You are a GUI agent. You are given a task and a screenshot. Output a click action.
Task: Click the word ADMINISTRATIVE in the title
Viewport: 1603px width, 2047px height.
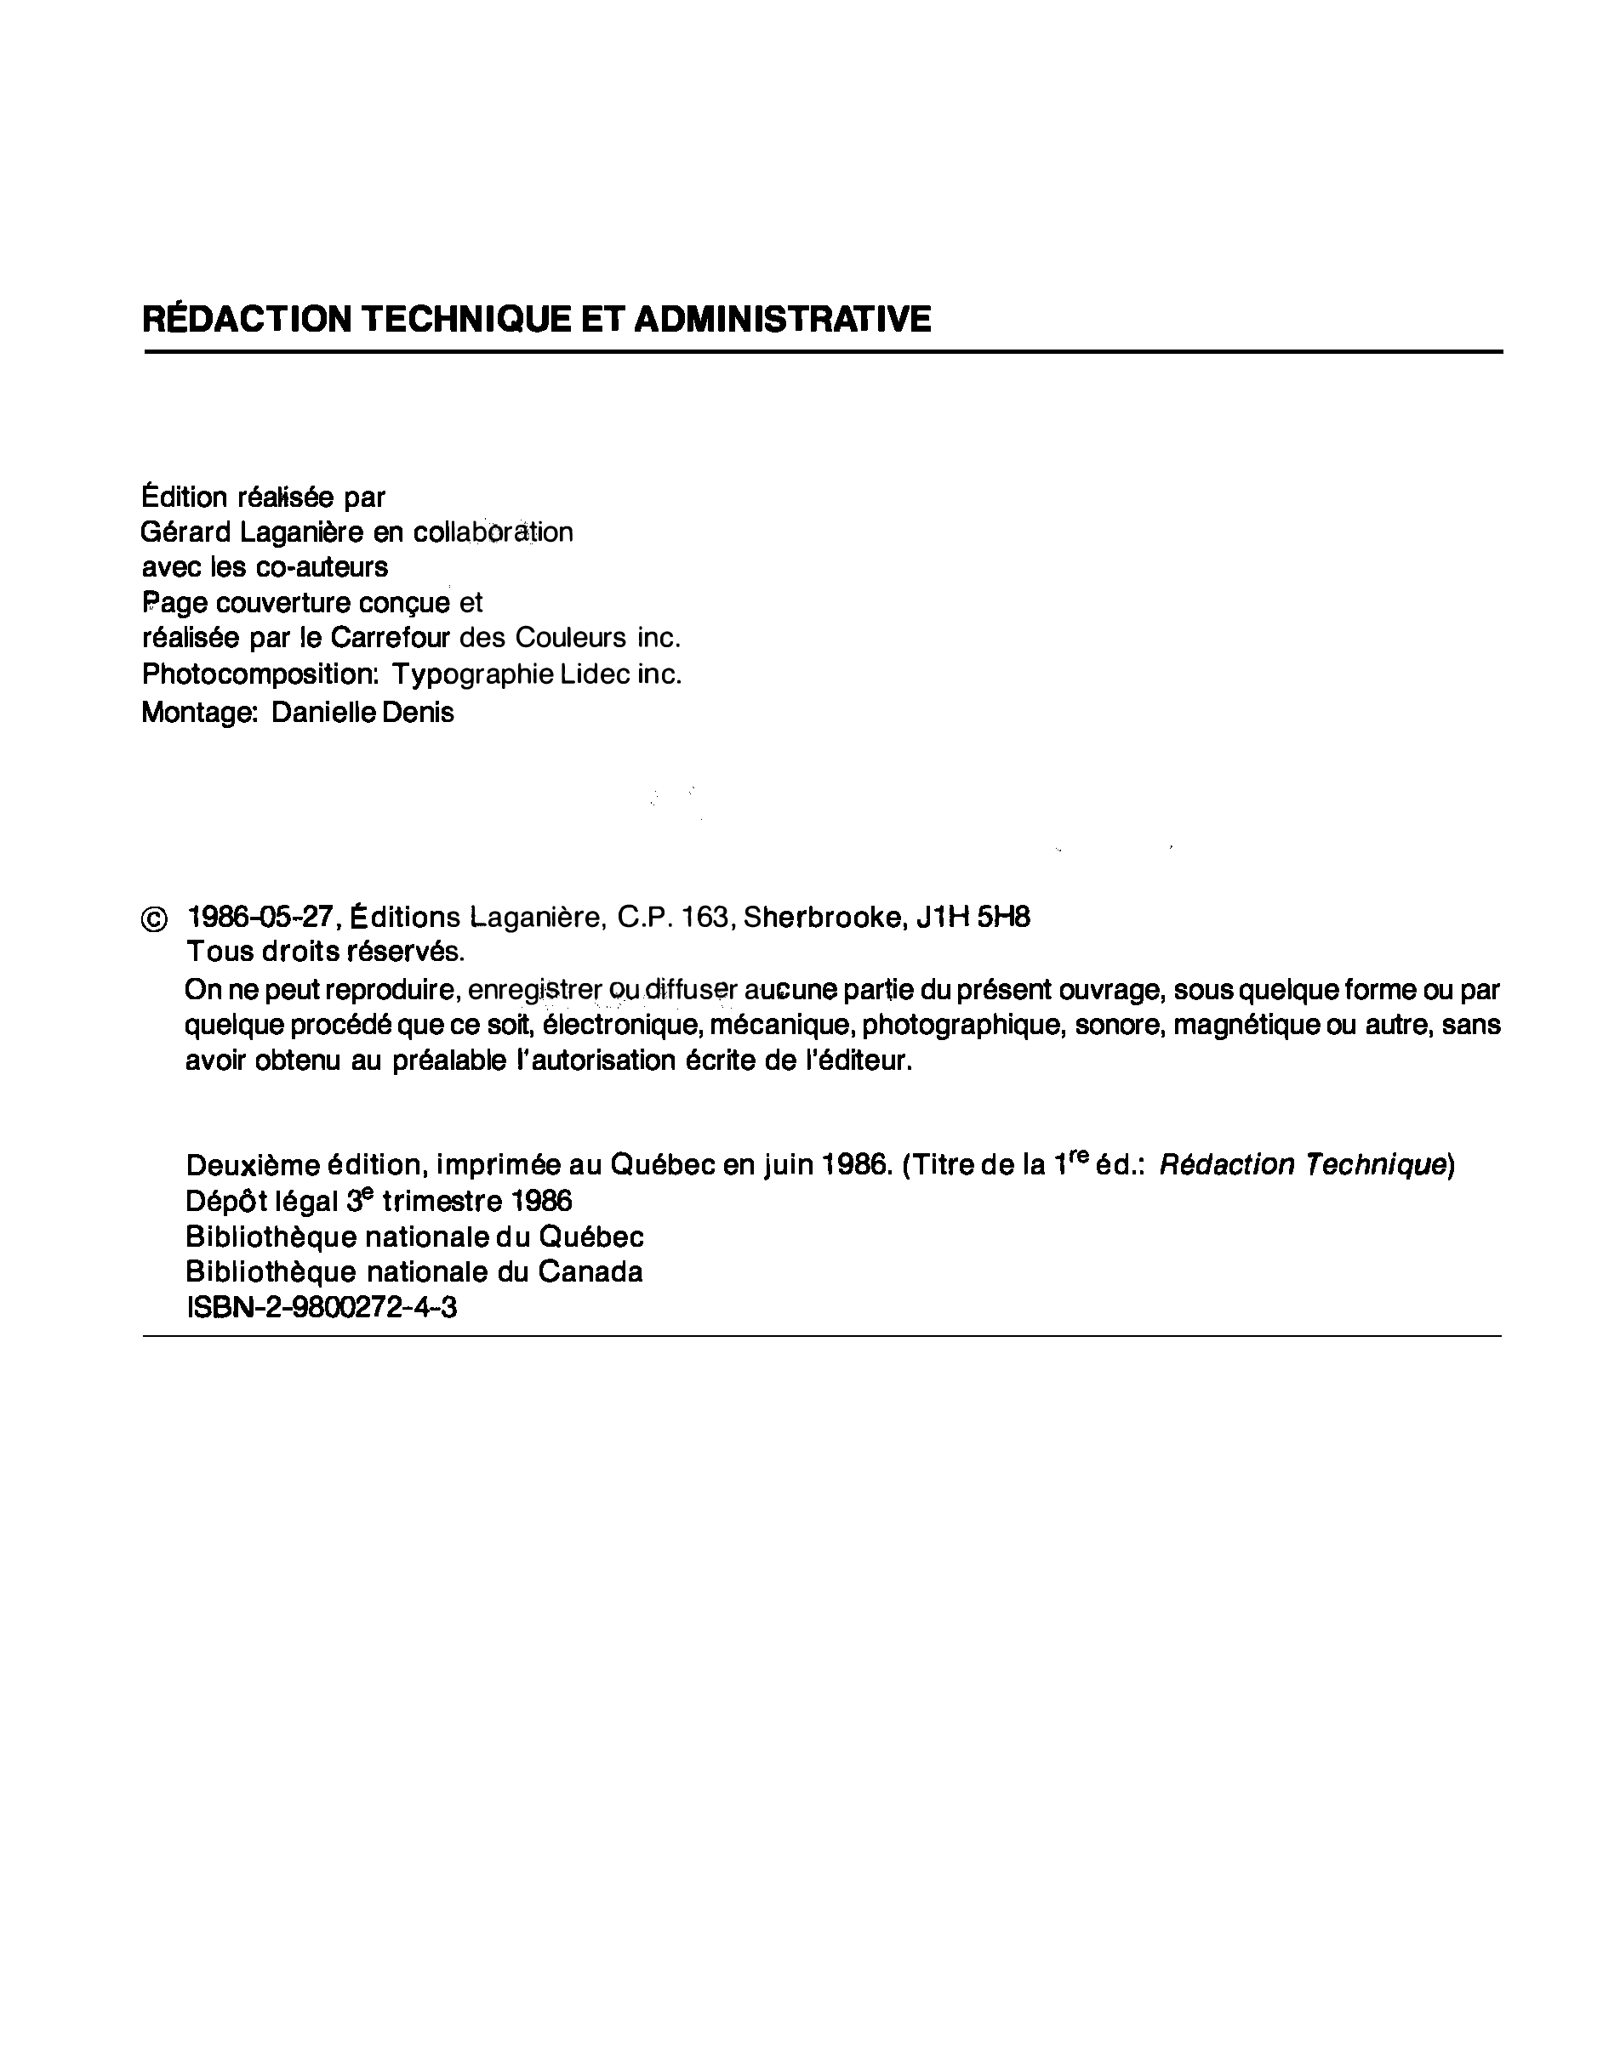click(782, 319)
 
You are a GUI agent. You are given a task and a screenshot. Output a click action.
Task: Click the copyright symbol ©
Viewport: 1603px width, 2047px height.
click(154, 920)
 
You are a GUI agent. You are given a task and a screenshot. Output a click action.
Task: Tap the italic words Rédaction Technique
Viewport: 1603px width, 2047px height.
click(1302, 1164)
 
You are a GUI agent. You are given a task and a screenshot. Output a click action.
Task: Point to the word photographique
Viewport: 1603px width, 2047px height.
click(963, 1026)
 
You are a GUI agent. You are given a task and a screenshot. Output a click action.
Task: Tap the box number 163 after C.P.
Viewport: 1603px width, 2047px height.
click(705, 917)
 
